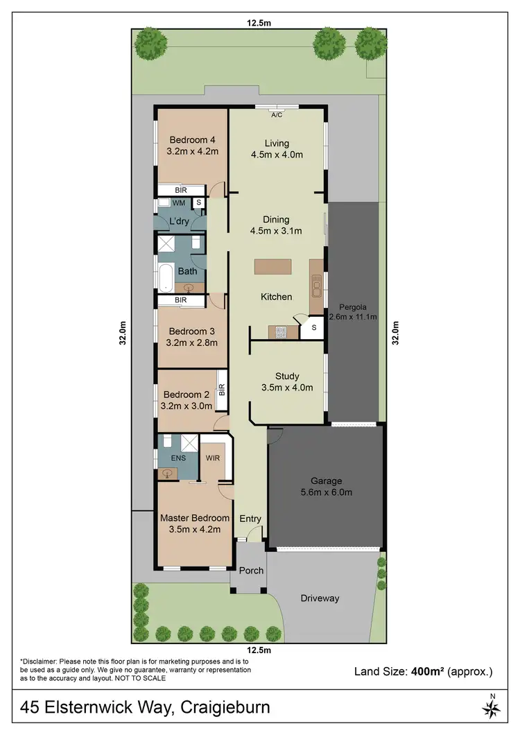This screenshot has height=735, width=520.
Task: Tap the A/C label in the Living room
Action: [277, 114]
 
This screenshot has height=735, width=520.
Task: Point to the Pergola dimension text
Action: [352, 317]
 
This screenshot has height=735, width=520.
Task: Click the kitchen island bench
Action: [275, 267]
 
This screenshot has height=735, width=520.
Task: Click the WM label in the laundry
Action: [179, 202]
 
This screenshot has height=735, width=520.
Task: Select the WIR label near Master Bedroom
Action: [212, 458]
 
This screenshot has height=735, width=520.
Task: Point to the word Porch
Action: [251, 571]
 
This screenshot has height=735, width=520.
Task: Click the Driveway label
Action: [320, 598]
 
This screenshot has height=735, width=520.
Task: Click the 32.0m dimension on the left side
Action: [123, 332]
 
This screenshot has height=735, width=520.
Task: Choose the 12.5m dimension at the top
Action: [259, 23]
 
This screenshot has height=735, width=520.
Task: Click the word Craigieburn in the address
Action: [225, 708]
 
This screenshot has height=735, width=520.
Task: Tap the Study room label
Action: [286, 377]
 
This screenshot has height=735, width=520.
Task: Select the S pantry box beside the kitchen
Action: [313, 328]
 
